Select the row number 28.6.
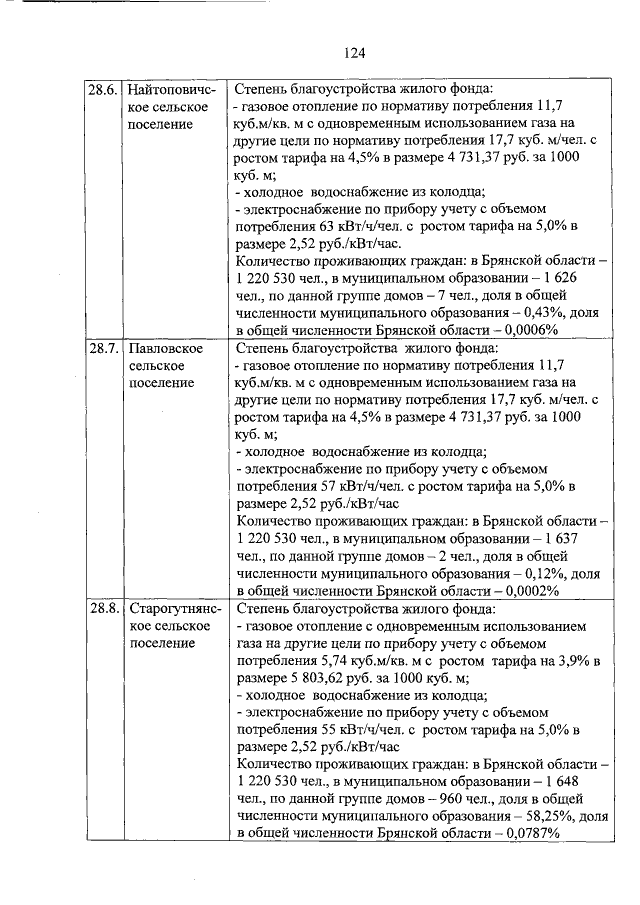click(x=104, y=90)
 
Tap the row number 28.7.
click(x=104, y=349)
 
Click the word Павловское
click(x=167, y=349)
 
